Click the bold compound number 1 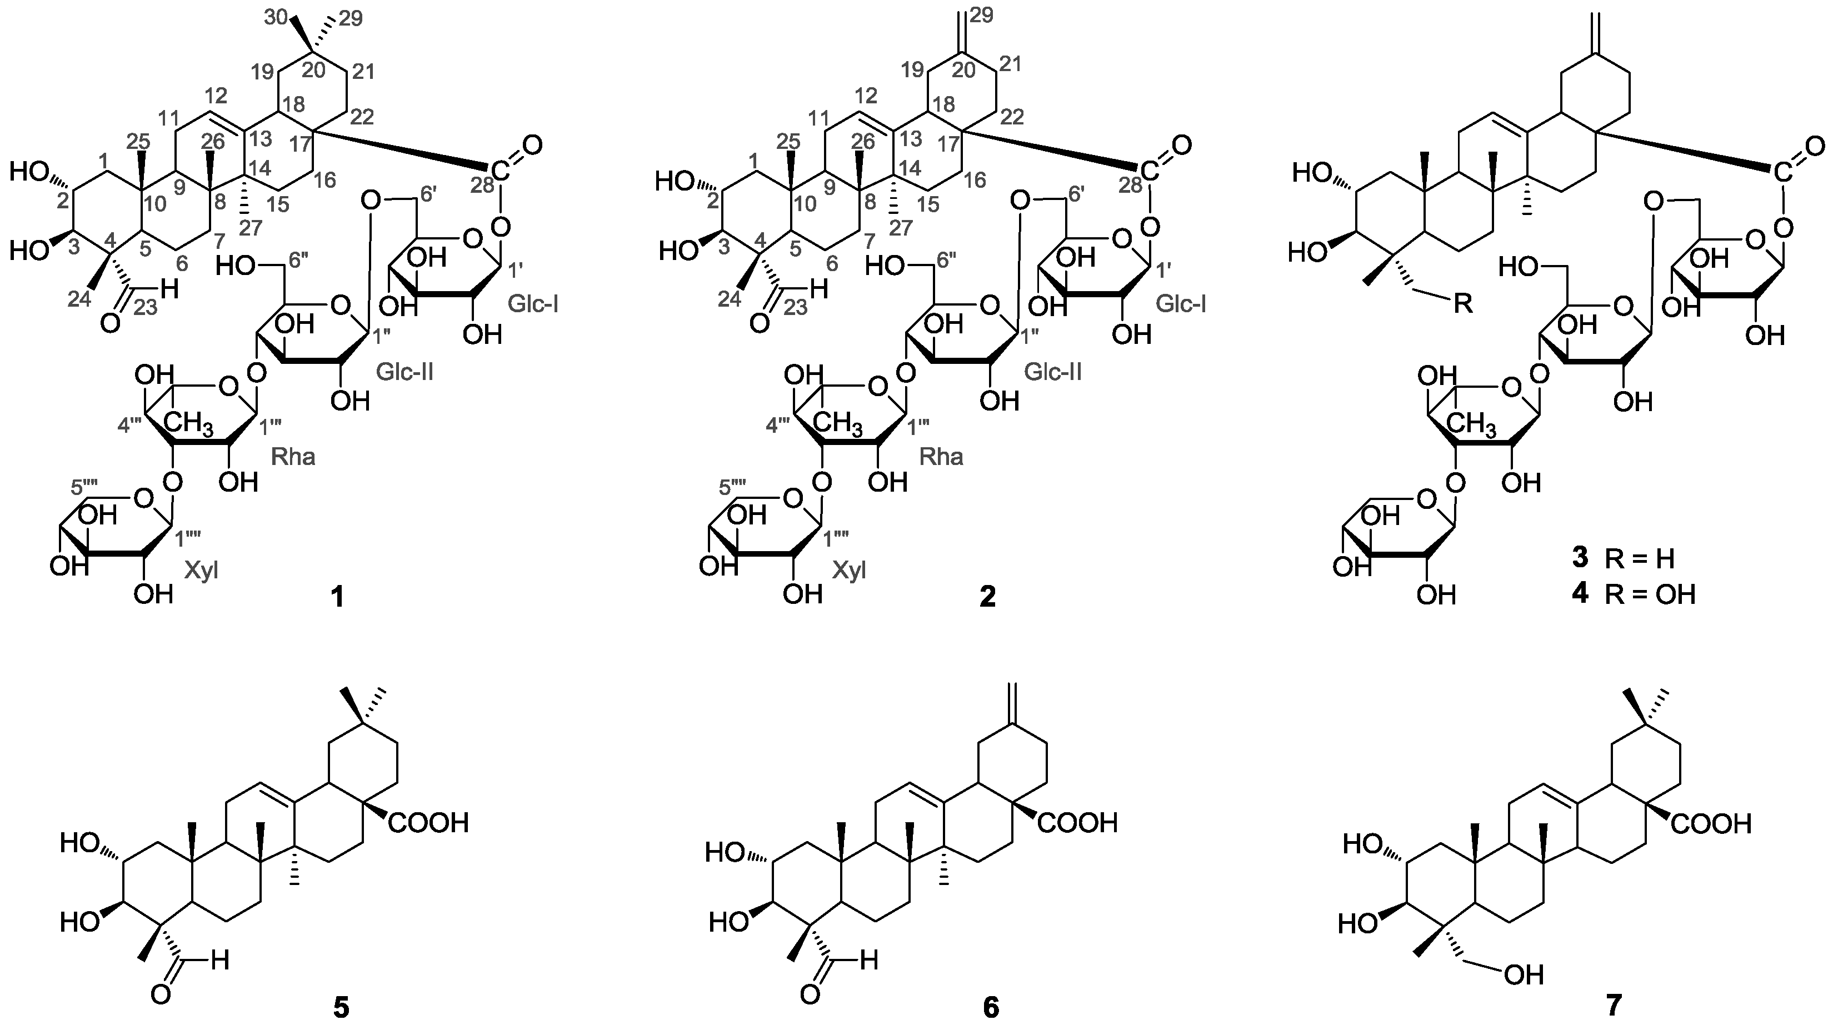(337, 598)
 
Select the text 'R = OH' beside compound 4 (1650, 594)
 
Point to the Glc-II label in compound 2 (1053, 371)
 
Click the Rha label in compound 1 (293, 456)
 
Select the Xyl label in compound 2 (850, 571)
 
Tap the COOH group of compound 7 (1711, 824)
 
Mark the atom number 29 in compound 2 (981, 16)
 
